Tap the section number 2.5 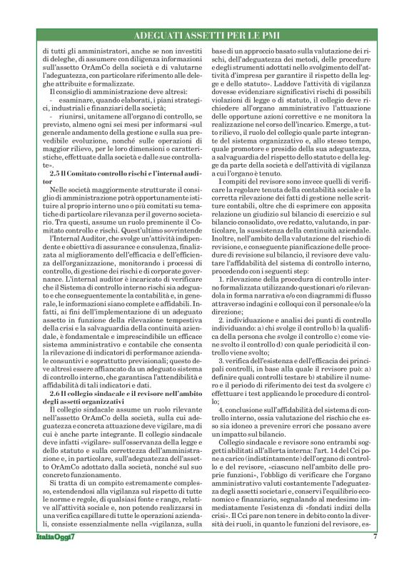coord(57,174)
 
